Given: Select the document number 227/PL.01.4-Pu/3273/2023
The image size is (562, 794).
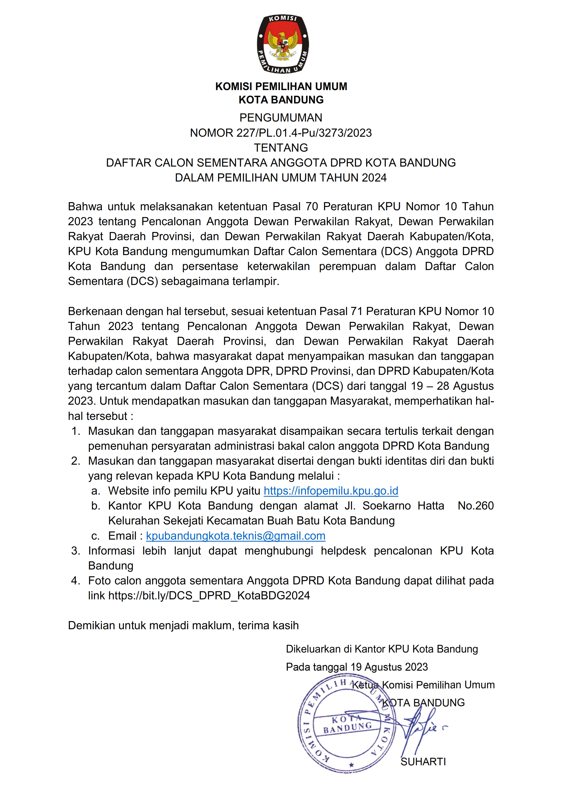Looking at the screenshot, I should [x=304, y=133].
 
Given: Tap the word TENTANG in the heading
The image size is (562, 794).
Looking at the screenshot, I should [x=281, y=148].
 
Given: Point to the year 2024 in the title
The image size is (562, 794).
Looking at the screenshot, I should [x=374, y=178].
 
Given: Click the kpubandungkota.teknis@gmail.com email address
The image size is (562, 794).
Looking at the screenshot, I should [x=236, y=536].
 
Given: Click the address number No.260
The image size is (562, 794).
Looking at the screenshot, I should [x=475, y=506].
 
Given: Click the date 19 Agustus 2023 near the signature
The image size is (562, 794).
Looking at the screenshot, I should [x=389, y=667].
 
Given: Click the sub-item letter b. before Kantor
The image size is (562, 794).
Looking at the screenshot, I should [x=96, y=506].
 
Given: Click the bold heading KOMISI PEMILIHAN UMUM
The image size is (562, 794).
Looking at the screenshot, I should [x=281, y=86].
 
